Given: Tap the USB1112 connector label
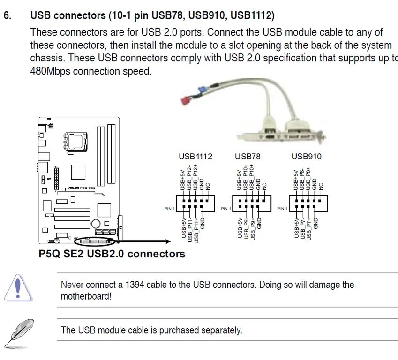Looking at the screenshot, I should tap(195, 157).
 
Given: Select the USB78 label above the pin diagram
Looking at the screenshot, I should tap(248, 157).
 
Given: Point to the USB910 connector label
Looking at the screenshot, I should tap(307, 157).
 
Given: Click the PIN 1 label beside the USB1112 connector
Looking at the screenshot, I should tap(170, 209).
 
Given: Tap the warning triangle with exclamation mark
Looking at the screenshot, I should tap(18, 288).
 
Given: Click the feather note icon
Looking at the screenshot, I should tap(19, 332).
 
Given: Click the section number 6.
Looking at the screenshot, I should tap(7, 15).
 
